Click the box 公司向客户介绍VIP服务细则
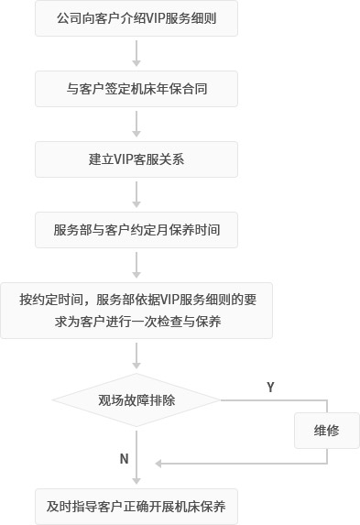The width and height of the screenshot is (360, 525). [136, 17]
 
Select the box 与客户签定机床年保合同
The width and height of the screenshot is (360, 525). [136, 89]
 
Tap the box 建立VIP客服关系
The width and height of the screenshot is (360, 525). [136, 159]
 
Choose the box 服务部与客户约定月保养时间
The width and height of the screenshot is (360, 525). [136, 229]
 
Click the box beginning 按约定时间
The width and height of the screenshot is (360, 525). [136, 311]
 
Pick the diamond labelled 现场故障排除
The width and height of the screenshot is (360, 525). [136, 400]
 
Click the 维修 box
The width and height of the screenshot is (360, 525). [326, 430]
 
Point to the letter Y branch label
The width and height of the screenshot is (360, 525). [270, 388]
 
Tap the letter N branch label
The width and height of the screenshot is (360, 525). [124, 458]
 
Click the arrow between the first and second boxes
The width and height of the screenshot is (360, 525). [136, 53]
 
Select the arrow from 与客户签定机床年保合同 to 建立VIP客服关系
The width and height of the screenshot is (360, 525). [136, 124]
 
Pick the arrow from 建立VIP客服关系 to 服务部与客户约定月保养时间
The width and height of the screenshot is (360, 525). [136, 194]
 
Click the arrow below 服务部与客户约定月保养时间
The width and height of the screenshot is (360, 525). [136, 265]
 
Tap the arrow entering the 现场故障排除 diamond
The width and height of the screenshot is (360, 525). [136, 355]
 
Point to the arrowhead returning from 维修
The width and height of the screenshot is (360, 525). [159, 464]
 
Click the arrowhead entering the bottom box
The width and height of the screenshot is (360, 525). [136, 479]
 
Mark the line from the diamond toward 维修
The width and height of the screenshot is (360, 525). [275, 400]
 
